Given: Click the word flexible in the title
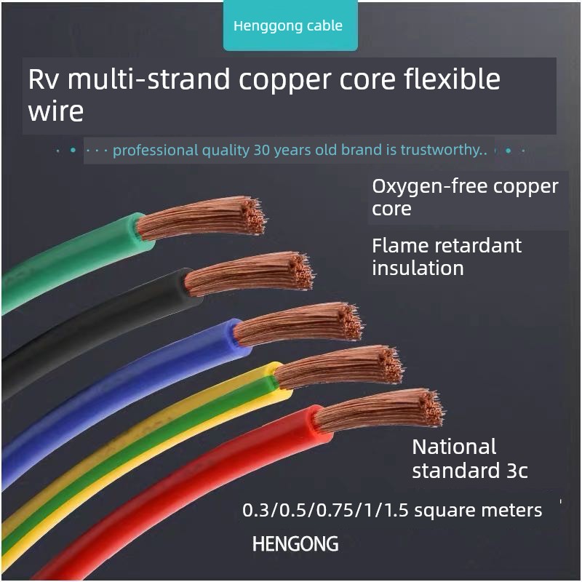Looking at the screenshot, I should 451,79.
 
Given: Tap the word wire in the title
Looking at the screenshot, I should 55,112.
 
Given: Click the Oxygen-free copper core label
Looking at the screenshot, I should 464,197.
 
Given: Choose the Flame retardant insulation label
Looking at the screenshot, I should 446,256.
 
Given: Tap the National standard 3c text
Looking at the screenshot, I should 469,458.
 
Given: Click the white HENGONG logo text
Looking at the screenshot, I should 295,543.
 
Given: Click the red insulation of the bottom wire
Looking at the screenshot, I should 182,495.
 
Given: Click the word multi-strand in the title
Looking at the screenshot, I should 149,79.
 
